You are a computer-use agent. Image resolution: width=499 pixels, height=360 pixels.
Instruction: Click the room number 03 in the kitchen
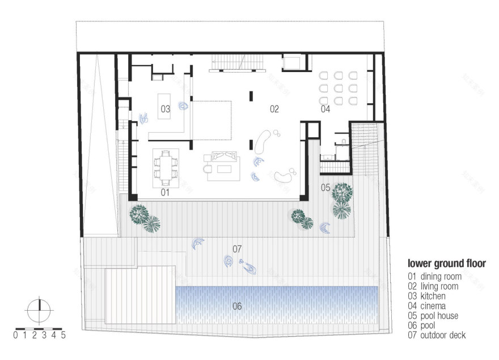[x=165, y=108]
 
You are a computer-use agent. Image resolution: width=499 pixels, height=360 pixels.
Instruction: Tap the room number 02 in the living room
[x=274, y=108]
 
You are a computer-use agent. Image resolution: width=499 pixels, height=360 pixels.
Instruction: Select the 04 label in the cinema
[x=325, y=108]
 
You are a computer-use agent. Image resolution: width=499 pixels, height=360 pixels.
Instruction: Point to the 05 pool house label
[x=325, y=187]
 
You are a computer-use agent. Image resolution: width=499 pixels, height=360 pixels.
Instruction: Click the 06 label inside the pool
[x=237, y=306]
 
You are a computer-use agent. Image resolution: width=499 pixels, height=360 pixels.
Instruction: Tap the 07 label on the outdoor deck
[x=237, y=248]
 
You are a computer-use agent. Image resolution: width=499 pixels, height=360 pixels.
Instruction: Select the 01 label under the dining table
[x=165, y=193]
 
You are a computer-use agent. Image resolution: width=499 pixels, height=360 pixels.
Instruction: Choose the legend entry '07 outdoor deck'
[x=437, y=335]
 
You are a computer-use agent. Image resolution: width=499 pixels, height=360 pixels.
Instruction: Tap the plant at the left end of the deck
[x=145, y=218]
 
